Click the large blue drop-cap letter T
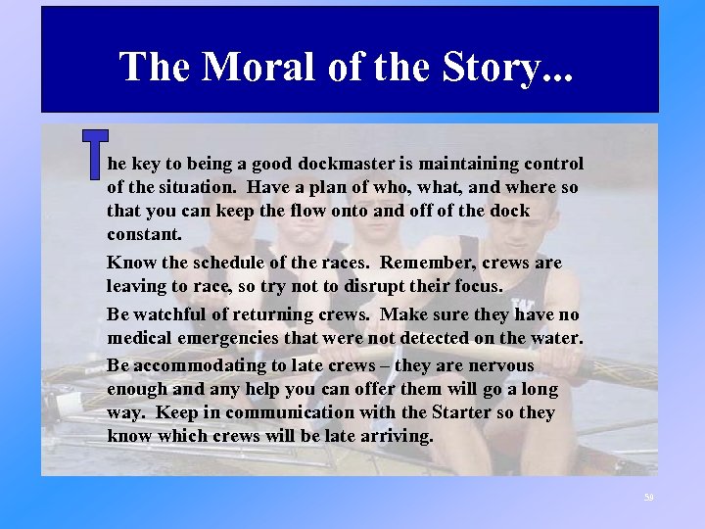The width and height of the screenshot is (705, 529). pos(95,156)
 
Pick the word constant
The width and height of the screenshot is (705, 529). pos(144,234)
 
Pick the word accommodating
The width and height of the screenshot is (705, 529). pos(196,365)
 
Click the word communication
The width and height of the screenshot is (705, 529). pos(286,412)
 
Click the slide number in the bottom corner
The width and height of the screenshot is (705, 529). pos(648,499)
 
